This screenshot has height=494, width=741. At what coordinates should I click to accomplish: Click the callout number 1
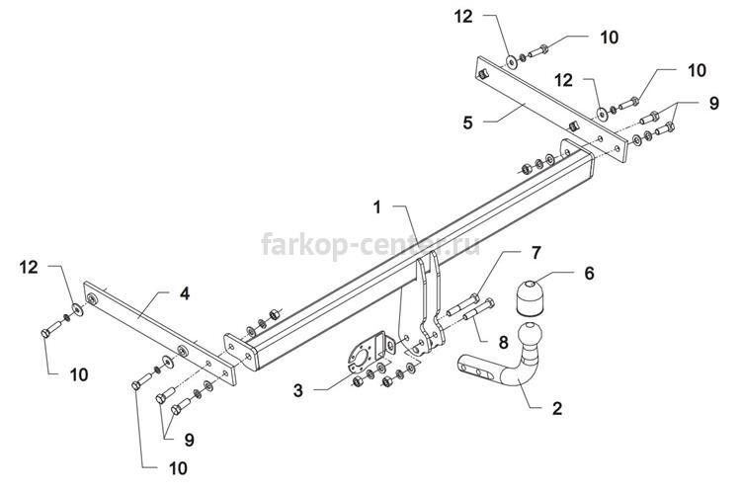coord(376,207)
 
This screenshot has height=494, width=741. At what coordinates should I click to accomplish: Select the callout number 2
coord(557,408)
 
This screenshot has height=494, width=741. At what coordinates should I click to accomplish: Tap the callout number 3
coord(297,390)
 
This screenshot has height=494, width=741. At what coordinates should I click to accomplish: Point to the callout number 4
coord(185,293)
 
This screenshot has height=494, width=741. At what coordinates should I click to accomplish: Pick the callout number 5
coord(467,123)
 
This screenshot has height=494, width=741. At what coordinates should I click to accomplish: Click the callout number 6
coord(589,273)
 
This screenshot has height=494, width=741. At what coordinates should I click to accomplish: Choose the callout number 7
coord(535,253)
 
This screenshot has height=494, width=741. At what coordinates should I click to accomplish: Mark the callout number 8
coord(503,342)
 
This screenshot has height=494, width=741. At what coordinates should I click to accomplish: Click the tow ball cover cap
coord(530,297)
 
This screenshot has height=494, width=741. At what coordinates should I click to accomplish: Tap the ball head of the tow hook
coord(530,333)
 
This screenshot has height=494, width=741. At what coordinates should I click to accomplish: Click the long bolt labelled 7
coord(462,305)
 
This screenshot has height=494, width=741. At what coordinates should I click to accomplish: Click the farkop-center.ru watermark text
coord(370,244)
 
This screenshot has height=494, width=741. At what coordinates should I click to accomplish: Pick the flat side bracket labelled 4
coord(160,333)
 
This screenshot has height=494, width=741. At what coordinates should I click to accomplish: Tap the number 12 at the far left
coord(29,267)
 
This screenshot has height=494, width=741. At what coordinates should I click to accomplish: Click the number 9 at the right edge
coord(713,103)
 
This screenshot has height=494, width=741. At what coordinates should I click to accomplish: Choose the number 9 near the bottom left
coord(189,440)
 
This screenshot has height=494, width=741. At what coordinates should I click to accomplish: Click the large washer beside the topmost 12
coord(512,61)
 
